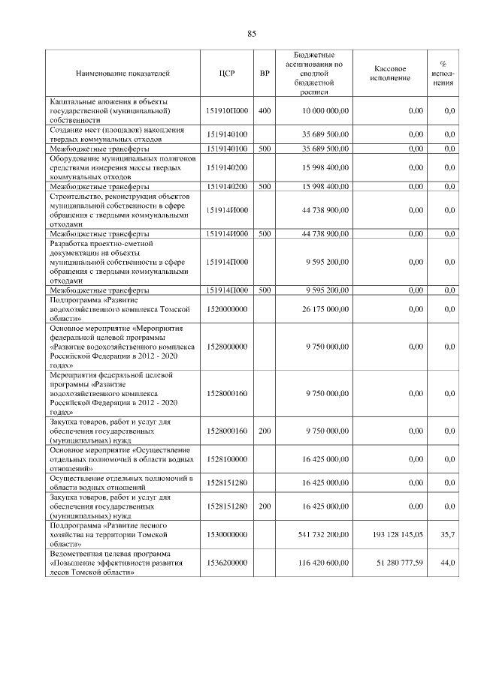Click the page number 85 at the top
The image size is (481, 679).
252,33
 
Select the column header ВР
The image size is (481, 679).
264,74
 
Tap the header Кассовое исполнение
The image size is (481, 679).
390,74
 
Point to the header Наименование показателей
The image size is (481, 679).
123,74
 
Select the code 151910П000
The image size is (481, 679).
227,111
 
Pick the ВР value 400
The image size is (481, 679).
264,111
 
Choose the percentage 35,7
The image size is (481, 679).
447,534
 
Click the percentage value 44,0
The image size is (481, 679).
447,563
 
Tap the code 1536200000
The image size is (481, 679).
227,563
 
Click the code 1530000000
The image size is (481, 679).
227,534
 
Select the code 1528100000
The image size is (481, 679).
227,458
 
